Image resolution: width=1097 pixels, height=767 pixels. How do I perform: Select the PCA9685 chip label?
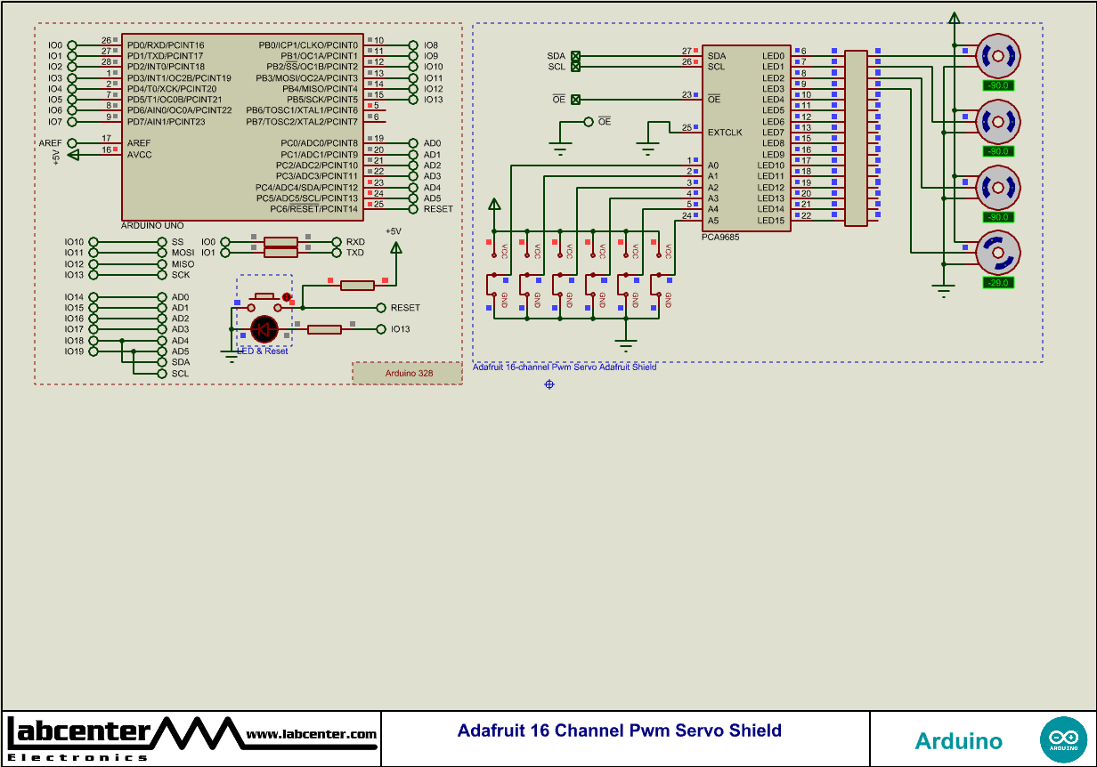(x=720, y=237)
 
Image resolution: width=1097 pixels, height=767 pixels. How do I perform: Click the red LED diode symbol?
(x=264, y=329)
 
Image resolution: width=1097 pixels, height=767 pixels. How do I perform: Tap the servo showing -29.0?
(x=998, y=253)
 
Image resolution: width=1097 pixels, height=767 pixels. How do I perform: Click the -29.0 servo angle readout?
(x=998, y=282)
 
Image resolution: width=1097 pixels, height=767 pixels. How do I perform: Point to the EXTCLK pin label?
(x=725, y=133)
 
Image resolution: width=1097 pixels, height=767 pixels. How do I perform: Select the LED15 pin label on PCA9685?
(x=771, y=221)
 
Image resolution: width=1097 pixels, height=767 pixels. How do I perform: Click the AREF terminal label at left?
(x=50, y=143)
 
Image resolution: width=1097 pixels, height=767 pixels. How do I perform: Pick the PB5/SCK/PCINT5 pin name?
(x=321, y=100)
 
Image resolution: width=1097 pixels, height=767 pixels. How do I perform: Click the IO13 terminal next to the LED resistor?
(x=400, y=329)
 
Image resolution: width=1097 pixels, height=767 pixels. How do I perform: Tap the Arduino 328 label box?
(x=408, y=374)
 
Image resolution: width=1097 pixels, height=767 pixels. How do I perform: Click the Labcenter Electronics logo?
(x=80, y=738)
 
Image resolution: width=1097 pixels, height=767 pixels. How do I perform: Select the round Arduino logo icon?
(x=1062, y=739)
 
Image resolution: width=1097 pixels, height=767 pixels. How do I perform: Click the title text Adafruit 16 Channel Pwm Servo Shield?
(x=619, y=731)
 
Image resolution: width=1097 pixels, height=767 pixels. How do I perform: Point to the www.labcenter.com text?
(x=311, y=734)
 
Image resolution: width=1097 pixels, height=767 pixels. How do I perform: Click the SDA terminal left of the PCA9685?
(x=557, y=56)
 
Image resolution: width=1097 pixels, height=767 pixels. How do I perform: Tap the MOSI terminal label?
(x=183, y=253)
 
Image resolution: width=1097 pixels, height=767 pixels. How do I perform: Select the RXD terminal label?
(x=355, y=242)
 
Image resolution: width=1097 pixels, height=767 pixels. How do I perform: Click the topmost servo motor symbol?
(x=998, y=57)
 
